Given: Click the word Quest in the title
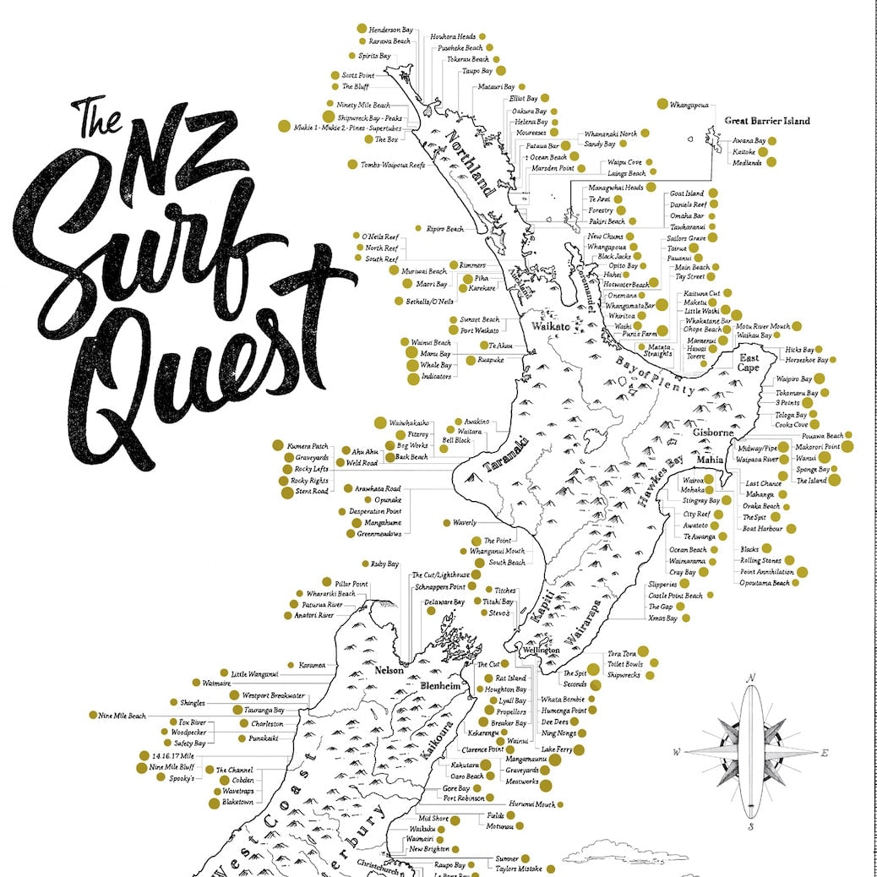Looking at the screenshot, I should tap(194, 372).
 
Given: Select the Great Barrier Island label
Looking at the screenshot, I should tap(767, 121).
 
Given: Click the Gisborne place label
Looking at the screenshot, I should tap(713, 433).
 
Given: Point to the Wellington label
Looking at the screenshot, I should tap(540, 651).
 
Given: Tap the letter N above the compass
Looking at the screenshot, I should tap(750, 678).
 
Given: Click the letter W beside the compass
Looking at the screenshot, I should tap(678, 752).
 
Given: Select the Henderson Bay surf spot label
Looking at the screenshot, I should tap(391, 29).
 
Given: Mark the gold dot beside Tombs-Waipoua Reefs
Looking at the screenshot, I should tap(352, 165).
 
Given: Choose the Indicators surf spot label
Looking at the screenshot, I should tap(436, 377).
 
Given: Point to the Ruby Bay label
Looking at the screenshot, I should tap(384, 564).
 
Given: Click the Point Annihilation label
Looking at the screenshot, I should tap(764, 571).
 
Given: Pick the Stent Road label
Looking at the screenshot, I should tap(312, 491).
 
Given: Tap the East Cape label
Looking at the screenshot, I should tap(749, 363).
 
